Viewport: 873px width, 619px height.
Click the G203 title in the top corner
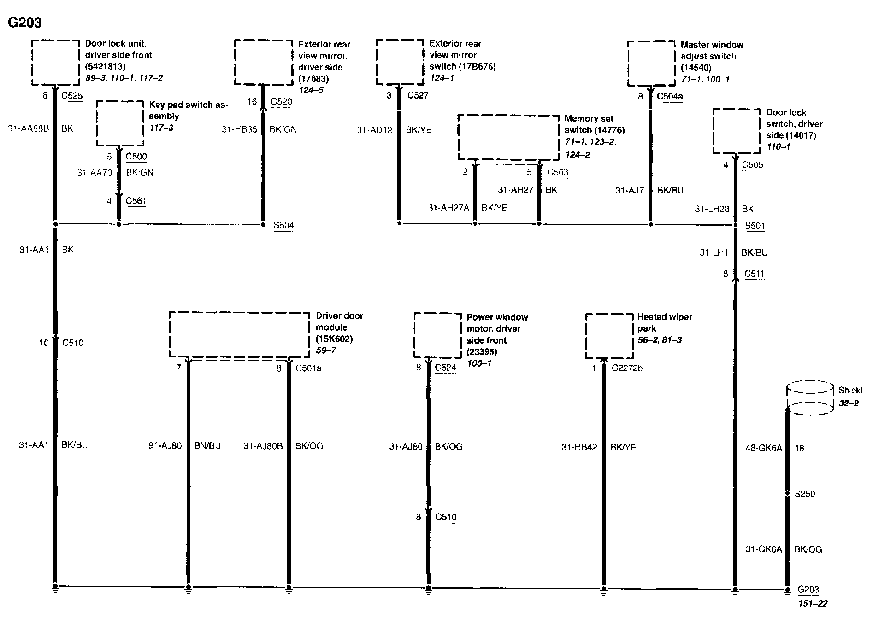tap(25, 22)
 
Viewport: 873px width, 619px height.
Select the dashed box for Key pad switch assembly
tap(120, 123)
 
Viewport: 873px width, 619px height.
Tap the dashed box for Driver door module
tap(239, 334)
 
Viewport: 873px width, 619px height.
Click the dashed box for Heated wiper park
tap(609, 336)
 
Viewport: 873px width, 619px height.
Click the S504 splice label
tap(283, 225)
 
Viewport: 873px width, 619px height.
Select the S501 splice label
tap(755, 226)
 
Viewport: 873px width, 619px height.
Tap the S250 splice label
tap(805, 494)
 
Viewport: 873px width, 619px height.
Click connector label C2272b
tap(627, 368)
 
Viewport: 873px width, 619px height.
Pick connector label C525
tap(72, 96)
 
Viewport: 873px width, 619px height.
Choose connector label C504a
tap(670, 96)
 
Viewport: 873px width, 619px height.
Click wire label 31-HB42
tap(579, 447)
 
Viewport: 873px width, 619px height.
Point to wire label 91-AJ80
tap(165, 445)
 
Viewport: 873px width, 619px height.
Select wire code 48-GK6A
tap(764, 448)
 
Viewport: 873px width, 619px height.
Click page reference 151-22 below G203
tap(813, 603)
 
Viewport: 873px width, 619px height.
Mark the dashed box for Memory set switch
tap(508, 137)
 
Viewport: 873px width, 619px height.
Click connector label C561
tap(136, 201)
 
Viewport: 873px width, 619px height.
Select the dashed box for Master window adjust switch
tap(651, 64)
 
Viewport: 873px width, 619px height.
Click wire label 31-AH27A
tap(448, 208)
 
